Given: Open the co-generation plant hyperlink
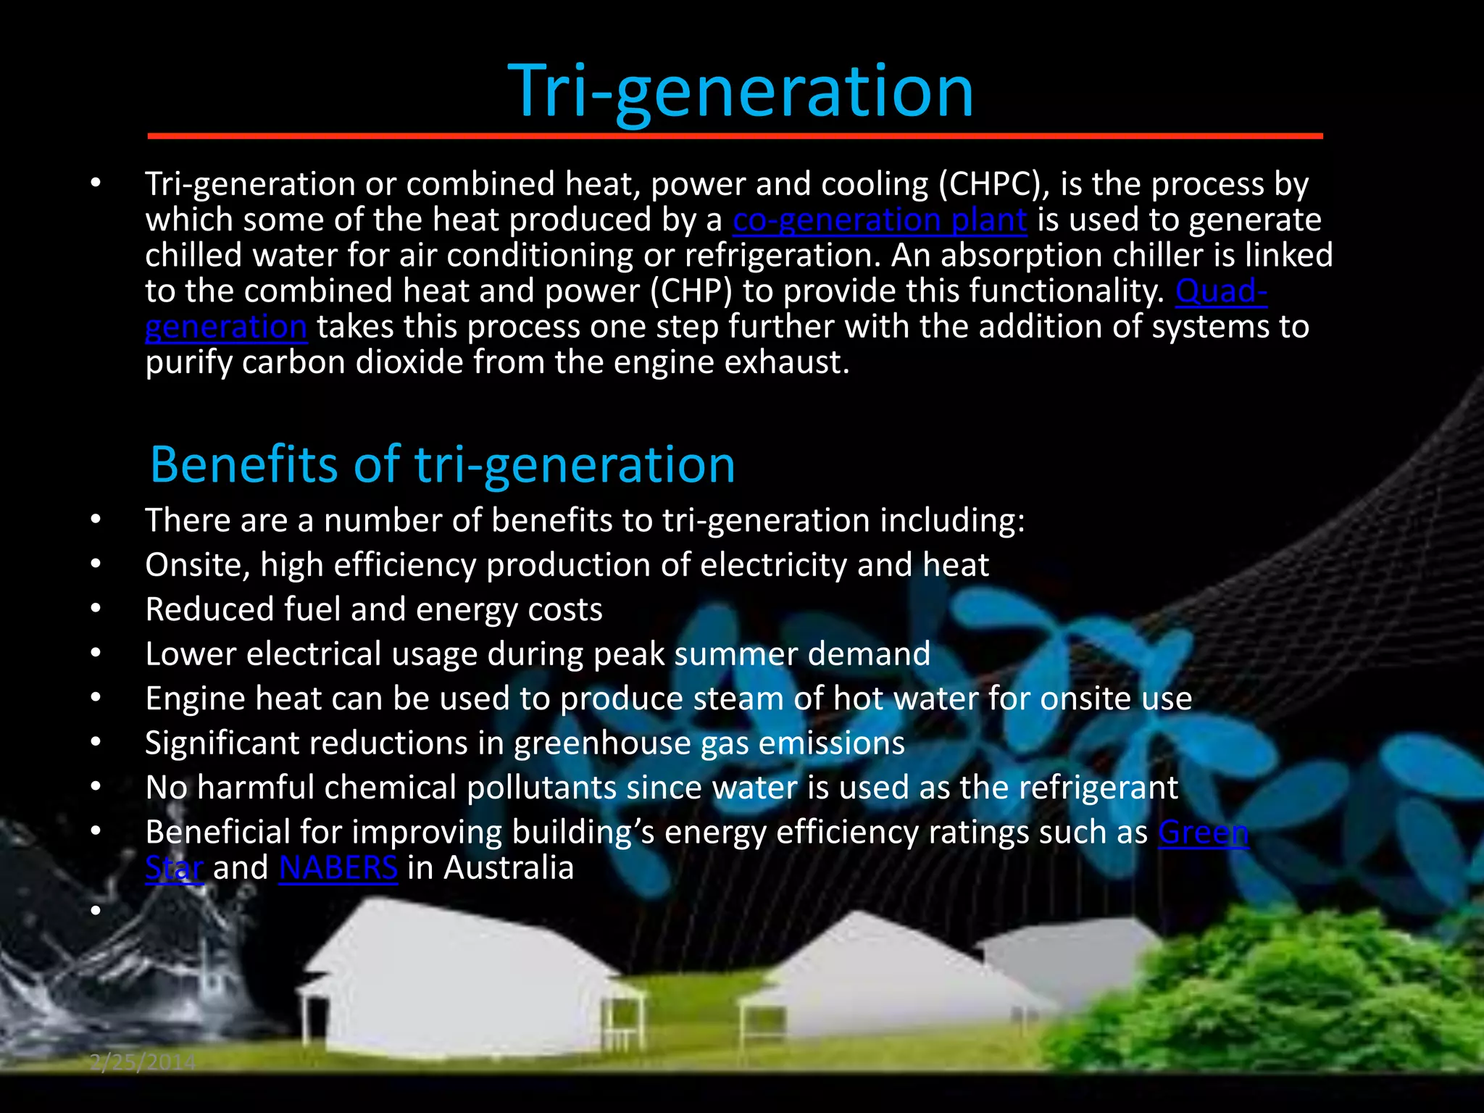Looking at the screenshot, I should pos(879,220).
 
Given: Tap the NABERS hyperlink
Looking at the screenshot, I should pos(338,867).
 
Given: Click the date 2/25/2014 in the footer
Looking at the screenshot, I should pos(143,1062).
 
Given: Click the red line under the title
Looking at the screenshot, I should pos(735,136).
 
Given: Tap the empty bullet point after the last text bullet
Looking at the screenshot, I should pos(96,909).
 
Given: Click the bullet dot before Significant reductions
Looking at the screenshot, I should pos(96,743).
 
